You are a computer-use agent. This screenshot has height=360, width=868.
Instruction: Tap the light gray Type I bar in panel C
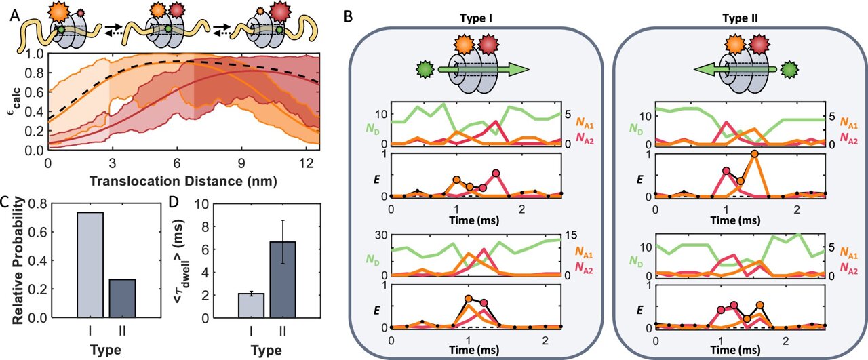(90, 264)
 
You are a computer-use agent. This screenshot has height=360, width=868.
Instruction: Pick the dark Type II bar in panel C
(123, 298)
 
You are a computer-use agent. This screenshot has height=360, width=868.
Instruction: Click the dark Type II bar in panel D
(283, 279)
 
